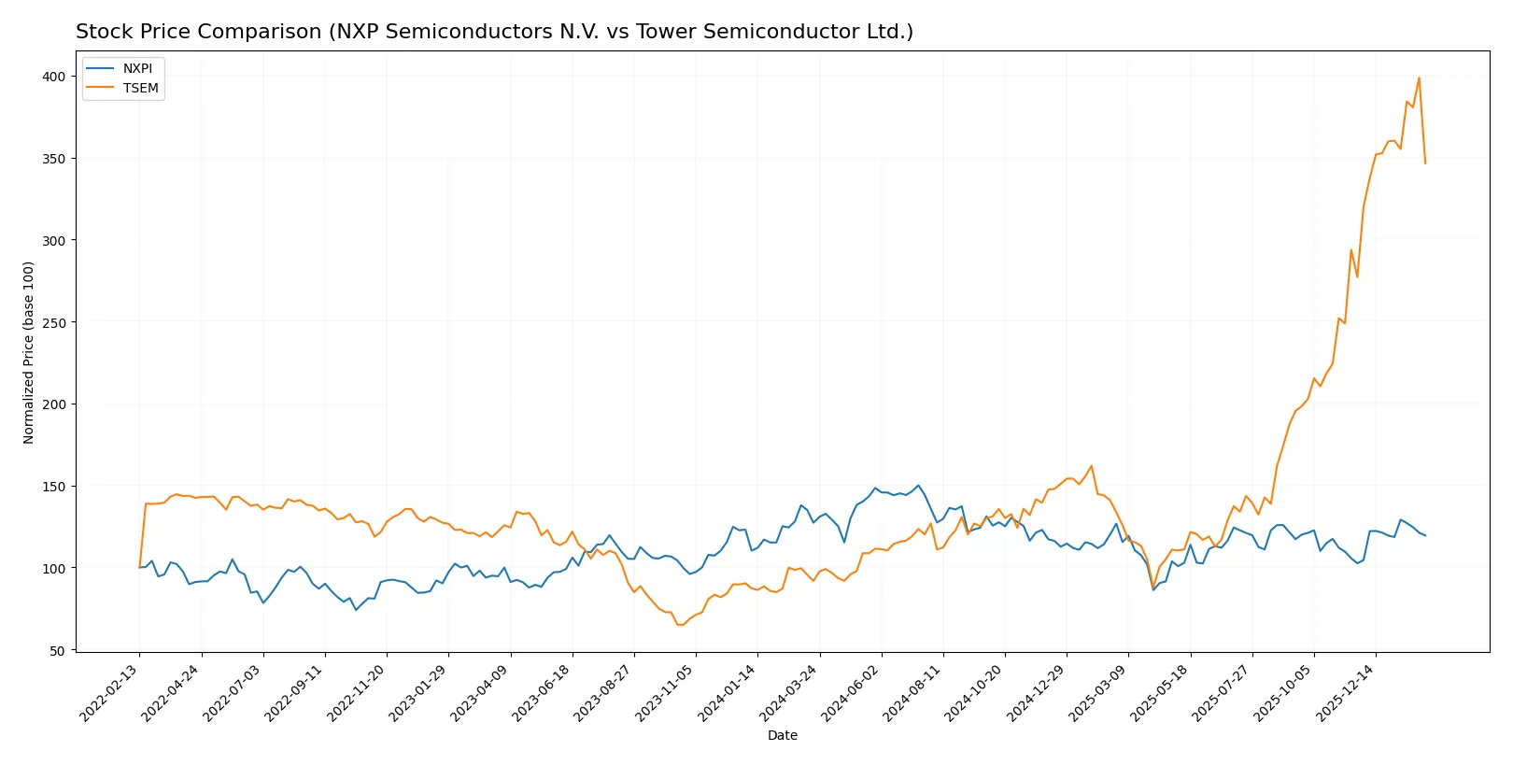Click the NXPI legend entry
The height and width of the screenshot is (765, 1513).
coord(136,69)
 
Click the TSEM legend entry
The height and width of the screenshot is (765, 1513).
coord(140,89)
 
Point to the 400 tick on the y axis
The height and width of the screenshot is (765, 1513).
coord(53,77)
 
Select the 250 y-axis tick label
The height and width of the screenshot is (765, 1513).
coord(53,322)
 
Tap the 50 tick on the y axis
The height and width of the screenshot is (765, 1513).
coord(57,651)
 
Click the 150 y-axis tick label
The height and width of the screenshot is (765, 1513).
coord(53,487)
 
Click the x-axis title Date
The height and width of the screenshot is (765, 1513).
coord(782,735)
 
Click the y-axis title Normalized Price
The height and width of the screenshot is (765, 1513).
coord(29,352)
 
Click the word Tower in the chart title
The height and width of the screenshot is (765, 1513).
coord(663,32)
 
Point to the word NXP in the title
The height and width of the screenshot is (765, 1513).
coord(357,32)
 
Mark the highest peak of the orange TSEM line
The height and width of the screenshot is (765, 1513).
coord(1419,78)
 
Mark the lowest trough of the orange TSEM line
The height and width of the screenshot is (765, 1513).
coord(680,624)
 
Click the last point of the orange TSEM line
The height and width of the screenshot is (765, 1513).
coord(1425,163)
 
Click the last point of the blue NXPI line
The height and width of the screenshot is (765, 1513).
coord(1425,535)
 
